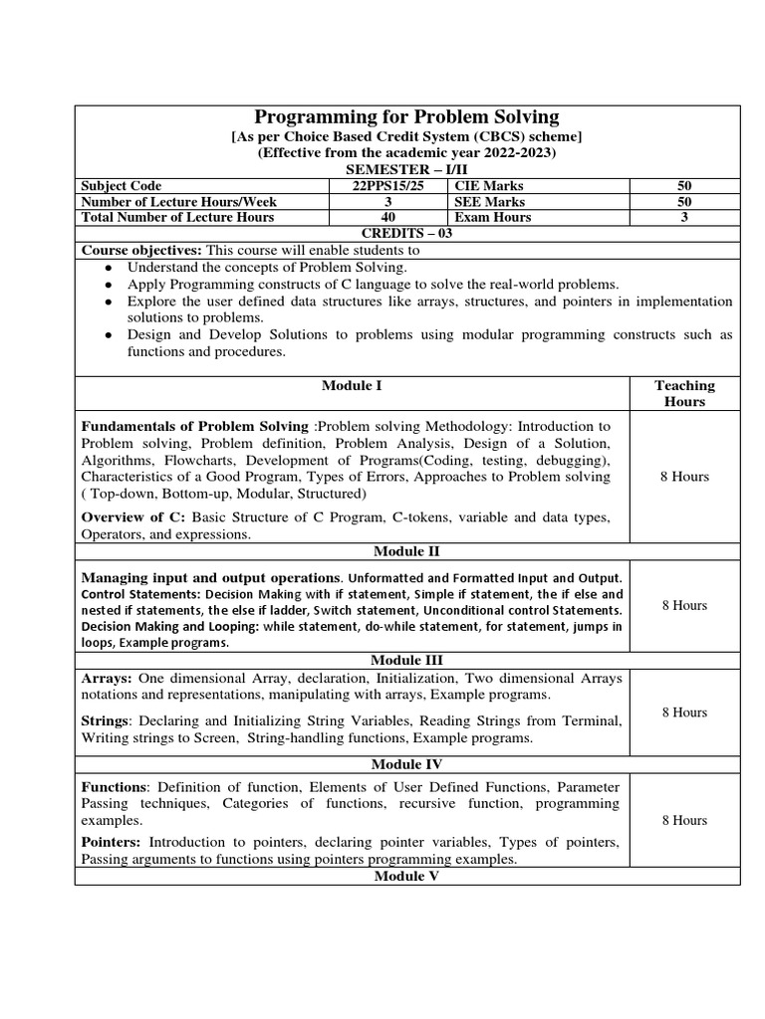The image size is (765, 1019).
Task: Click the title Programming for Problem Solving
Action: coord(407,117)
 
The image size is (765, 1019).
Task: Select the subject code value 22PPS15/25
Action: coord(380,186)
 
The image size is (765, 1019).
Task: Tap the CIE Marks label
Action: coord(488,186)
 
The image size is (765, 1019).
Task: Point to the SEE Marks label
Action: coord(489,202)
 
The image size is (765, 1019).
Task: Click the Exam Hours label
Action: coord(492,217)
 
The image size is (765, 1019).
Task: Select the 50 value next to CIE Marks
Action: coord(683,186)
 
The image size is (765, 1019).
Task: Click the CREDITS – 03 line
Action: coord(407,233)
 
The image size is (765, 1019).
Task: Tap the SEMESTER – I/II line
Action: coord(407,170)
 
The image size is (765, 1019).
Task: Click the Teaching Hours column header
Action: coord(684,393)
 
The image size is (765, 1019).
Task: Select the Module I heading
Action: coord(352,385)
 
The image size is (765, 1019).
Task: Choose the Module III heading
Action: coord(407,660)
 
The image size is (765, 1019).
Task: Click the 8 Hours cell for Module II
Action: coord(684,605)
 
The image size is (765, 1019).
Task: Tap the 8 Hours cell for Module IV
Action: coord(684,820)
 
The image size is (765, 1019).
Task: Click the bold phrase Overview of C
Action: coord(132,517)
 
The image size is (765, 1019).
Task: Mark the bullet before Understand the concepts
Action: coord(109,269)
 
